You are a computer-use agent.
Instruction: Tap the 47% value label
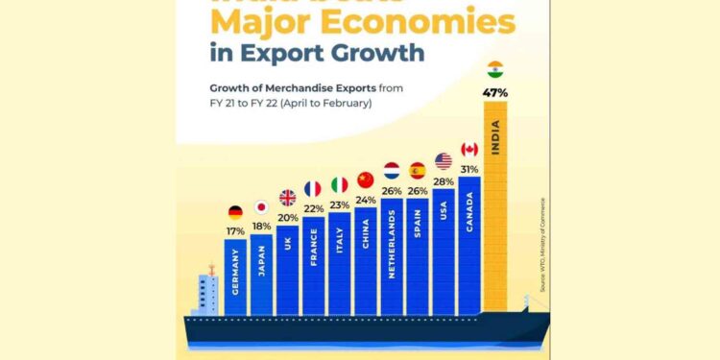click(495, 92)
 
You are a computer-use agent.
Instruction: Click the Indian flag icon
click(495, 69)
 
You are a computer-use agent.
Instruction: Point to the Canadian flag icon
click(469, 149)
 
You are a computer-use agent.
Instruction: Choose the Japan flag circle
click(261, 206)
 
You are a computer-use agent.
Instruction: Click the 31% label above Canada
click(469, 169)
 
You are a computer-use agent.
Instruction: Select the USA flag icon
click(444, 160)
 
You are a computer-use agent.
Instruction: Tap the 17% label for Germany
click(235, 231)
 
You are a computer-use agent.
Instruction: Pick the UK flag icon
click(287, 197)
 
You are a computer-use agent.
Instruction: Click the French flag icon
click(313, 188)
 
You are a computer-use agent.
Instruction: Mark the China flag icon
click(365, 180)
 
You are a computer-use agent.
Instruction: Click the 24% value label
click(365, 200)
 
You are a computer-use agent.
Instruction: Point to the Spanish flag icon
click(418, 171)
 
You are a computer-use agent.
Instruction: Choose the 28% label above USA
click(444, 180)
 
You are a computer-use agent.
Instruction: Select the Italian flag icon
click(339, 183)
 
